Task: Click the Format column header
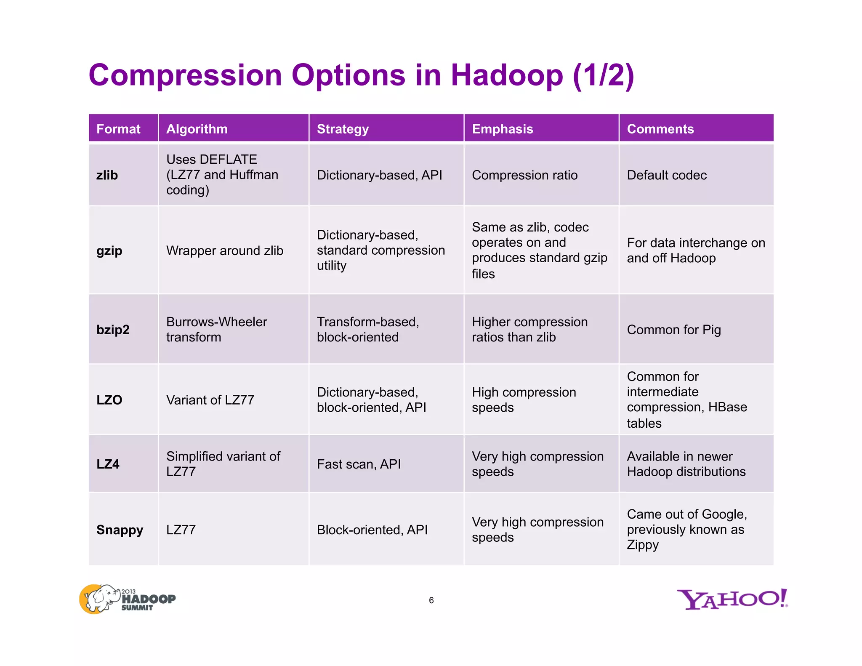pyautogui.click(x=118, y=129)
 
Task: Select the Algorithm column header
pyautogui.click(x=197, y=129)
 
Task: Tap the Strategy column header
pyautogui.click(x=343, y=129)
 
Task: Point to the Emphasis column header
pyautogui.click(x=503, y=129)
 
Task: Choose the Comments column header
pyautogui.click(x=660, y=129)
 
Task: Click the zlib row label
pyautogui.click(x=107, y=175)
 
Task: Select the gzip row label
pyautogui.click(x=109, y=250)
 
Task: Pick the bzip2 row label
pyautogui.click(x=113, y=330)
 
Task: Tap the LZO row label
pyautogui.click(x=109, y=400)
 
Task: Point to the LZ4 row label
pyautogui.click(x=108, y=464)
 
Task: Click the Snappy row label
pyautogui.click(x=120, y=530)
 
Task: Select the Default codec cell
pyautogui.click(x=667, y=175)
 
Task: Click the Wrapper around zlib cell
pyautogui.click(x=225, y=250)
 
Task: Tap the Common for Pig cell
pyautogui.click(x=674, y=330)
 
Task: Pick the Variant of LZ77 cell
pyautogui.click(x=210, y=400)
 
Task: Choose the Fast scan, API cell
pyautogui.click(x=359, y=464)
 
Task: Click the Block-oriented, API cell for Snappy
pyautogui.click(x=372, y=530)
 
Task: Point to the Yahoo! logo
pyautogui.click(x=732, y=599)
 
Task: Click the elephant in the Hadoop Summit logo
pyautogui.click(x=101, y=598)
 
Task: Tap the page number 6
pyautogui.click(x=431, y=600)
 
